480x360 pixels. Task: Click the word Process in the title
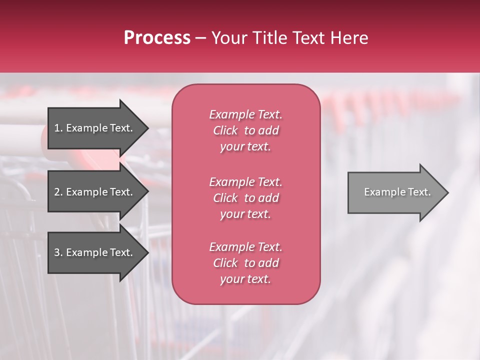tap(157, 38)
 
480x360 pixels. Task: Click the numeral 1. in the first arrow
tap(58, 128)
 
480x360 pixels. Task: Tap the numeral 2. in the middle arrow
tap(58, 192)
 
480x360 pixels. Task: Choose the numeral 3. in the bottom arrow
tap(58, 252)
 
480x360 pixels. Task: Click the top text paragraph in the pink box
tap(245, 130)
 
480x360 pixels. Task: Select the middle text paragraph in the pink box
tap(245, 198)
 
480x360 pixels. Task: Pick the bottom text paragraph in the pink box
tap(245, 263)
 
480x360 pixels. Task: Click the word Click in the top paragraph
tap(225, 130)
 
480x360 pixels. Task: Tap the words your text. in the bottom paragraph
tap(245, 279)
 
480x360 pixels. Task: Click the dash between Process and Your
tap(201, 38)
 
